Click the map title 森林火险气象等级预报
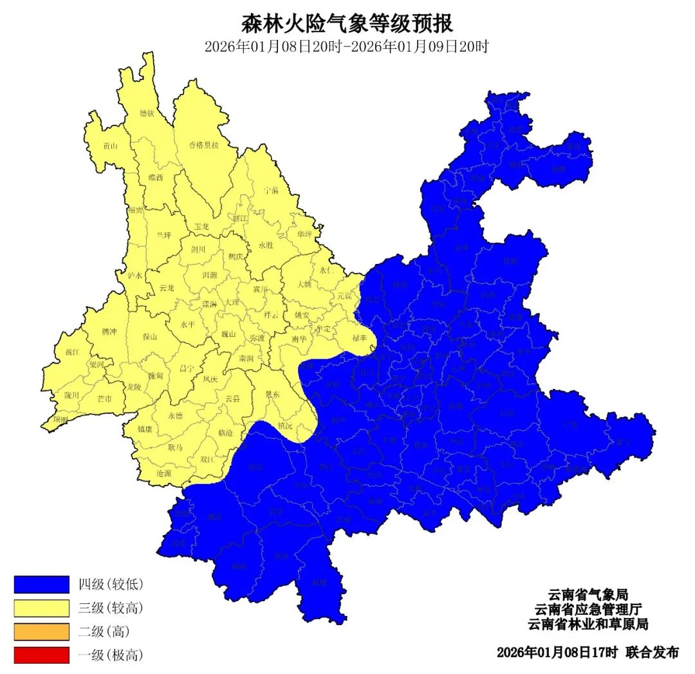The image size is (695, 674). click(x=347, y=24)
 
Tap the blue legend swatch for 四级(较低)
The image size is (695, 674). click(x=41, y=585)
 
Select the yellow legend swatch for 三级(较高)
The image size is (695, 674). click(x=41, y=608)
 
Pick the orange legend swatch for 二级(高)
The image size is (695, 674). click(x=41, y=632)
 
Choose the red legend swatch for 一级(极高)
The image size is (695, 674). click(x=41, y=655)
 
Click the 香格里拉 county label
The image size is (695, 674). click(x=203, y=145)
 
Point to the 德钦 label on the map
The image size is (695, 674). click(x=147, y=113)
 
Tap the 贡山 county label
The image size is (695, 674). click(x=110, y=146)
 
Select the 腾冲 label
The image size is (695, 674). click(x=109, y=332)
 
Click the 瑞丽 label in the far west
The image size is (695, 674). click(x=60, y=419)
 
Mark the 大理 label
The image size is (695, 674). click(x=232, y=302)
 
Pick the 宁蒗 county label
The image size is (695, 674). click(x=272, y=191)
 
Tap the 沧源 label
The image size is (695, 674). click(x=164, y=473)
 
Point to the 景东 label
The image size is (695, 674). click(x=272, y=393)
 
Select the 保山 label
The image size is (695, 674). click(x=150, y=336)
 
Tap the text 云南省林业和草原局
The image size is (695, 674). click(x=587, y=624)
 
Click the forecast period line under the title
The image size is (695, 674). click(x=347, y=47)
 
